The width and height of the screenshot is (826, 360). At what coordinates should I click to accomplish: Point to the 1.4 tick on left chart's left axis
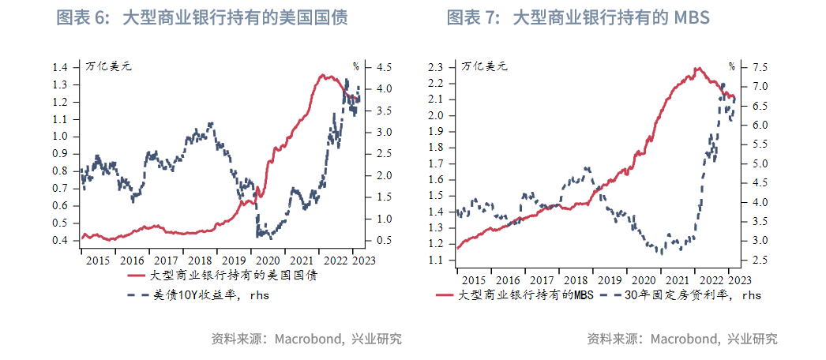click(x=61, y=67)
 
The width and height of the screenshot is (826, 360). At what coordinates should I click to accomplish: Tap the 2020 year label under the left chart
click(x=268, y=260)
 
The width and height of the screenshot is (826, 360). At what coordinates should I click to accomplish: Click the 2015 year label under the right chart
click(x=473, y=280)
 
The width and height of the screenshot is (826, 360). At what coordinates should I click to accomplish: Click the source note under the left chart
click(x=306, y=339)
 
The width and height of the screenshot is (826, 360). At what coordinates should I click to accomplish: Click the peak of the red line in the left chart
click(x=322, y=75)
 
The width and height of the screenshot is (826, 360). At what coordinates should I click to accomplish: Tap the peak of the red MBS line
click(x=696, y=68)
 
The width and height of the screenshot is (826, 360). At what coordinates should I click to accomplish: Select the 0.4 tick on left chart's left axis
click(x=61, y=240)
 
